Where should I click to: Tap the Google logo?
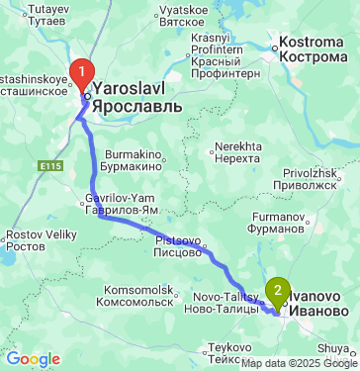coord(33,358)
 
